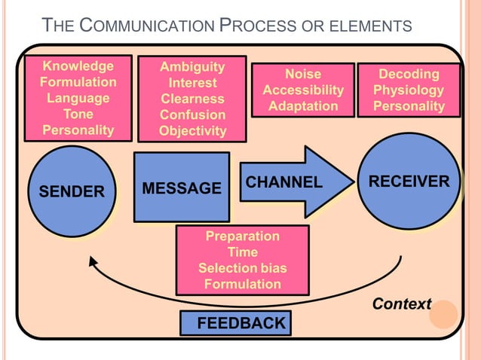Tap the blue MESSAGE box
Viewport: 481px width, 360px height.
tap(182, 187)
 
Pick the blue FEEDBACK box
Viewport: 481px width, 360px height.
tap(235, 323)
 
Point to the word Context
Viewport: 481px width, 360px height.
tap(402, 304)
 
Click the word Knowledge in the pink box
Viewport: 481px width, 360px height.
tap(78, 66)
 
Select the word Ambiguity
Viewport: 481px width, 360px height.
tap(192, 67)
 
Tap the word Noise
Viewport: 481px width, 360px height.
tap(302, 74)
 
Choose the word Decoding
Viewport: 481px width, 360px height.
tap(409, 74)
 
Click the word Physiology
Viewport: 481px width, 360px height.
tap(409, 90)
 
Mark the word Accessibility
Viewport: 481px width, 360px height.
tap(302, 90)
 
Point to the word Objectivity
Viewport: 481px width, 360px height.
tap(192, 131)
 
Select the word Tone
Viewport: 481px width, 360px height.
tap(78, 114)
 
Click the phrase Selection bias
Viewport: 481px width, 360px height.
tap(242, 268)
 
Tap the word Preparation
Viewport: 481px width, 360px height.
tap(242, 236)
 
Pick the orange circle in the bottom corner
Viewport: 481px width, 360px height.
tap(443, 314)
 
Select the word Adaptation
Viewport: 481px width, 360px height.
tap(302, 106)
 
